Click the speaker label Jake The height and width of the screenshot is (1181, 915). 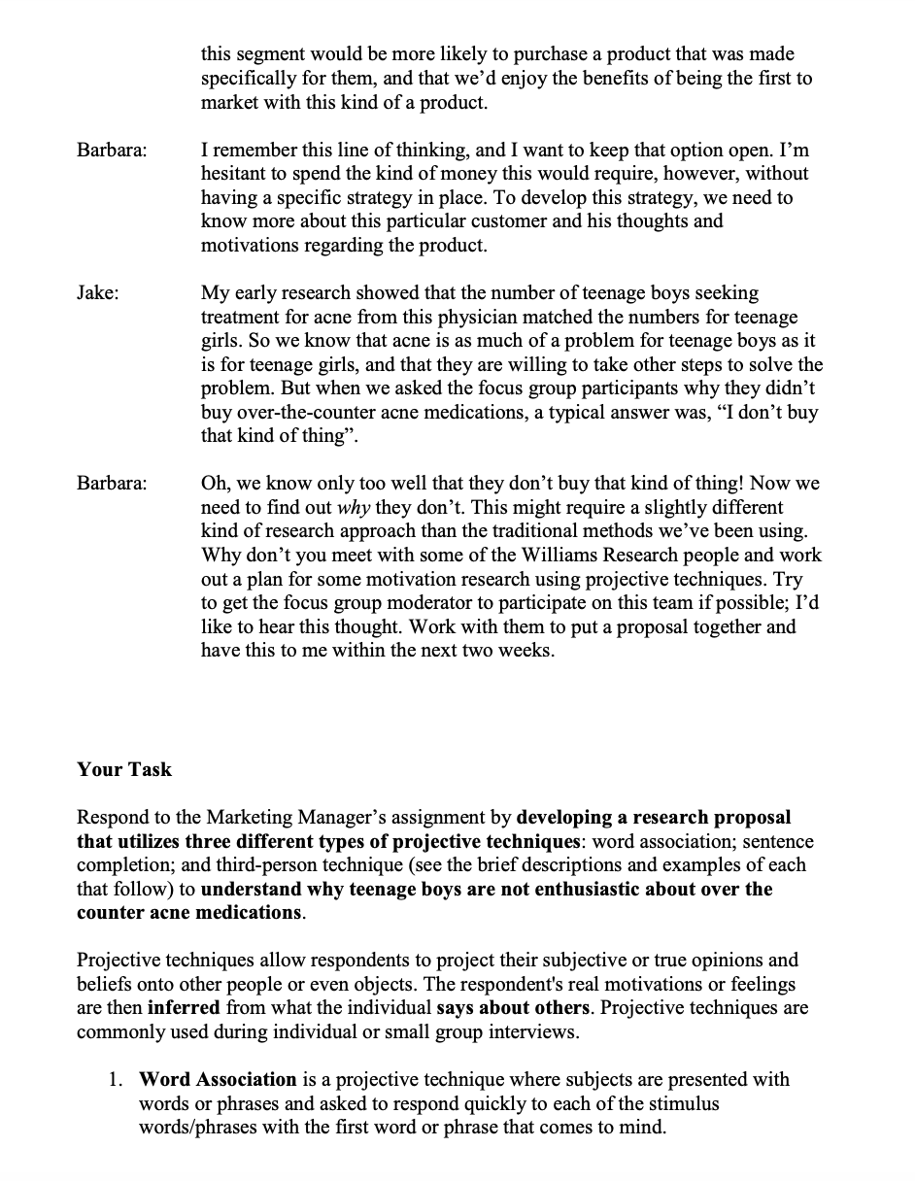coord(97,292)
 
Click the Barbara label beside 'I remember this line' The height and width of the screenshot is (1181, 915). coord(112,151)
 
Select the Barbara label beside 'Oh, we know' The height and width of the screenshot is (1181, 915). coord(112,483)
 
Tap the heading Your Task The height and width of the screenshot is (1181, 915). coord(124,769)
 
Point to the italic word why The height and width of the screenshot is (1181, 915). coord(352,507)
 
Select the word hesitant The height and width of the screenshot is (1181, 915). coord(233,174)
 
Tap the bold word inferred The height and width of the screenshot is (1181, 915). coord(184,1008)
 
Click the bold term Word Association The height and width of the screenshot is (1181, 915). coord(218,1079)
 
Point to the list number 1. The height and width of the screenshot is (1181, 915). coord(116,1079)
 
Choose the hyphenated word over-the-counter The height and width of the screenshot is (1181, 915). coord(297,412)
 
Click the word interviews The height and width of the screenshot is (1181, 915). coord(533,1031)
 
